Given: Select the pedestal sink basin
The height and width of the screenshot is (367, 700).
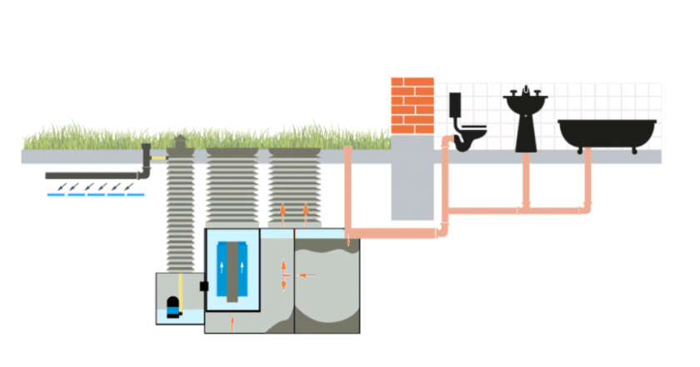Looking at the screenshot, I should (527, 106).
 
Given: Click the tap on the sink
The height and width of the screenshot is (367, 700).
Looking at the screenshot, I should (527, 90).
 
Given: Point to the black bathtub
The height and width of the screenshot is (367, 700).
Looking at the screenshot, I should (606, 133).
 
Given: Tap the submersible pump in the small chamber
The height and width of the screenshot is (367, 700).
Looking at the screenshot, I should (173, 307).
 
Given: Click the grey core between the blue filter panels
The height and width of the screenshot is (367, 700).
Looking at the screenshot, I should (233, 270).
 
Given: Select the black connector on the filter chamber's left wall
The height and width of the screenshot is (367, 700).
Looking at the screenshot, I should (202, 286).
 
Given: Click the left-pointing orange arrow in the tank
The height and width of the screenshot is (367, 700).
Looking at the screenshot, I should (307, 274).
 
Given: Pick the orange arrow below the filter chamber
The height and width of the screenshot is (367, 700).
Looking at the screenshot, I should (232, 320).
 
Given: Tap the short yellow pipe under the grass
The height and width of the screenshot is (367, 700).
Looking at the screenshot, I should (157, 157).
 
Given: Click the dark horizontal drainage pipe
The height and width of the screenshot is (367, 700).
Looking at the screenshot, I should (92, 176).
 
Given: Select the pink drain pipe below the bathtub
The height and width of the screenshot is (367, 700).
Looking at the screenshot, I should (588, 179).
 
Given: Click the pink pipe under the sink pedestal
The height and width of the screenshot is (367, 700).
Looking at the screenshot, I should (526, 179).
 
